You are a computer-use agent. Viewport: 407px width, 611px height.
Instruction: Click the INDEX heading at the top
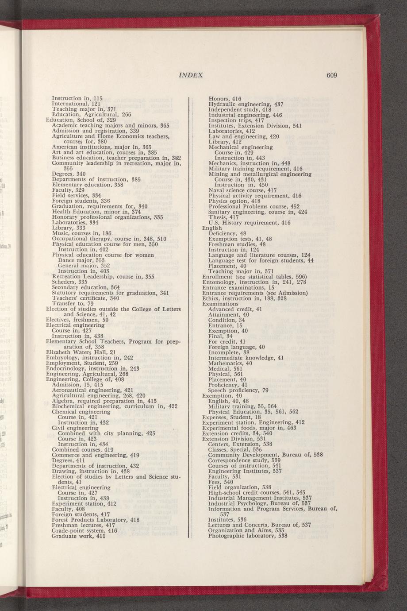point(191,75)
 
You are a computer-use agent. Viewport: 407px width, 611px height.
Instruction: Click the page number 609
point(332,75)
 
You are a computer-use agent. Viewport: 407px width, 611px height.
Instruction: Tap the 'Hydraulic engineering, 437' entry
point(246,104)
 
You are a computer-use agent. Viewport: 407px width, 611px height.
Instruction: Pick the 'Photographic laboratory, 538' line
point(248,536)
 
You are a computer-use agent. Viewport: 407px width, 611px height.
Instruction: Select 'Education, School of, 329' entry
point(81,120)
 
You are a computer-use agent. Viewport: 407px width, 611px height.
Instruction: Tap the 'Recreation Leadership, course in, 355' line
point(103,277)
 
